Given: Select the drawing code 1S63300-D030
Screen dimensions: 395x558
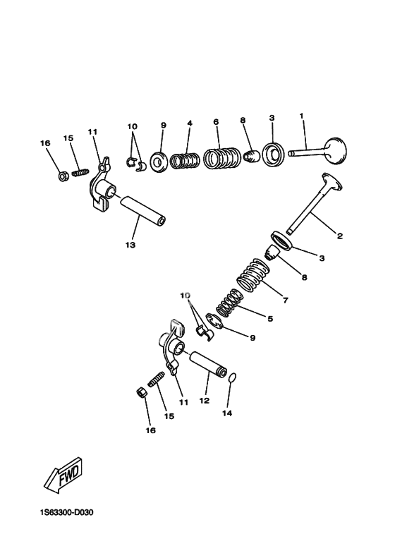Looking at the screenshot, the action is coord(66,513).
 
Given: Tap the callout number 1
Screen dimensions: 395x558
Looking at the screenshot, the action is coord(301,116).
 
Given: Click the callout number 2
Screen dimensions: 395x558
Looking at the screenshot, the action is coord(340,236).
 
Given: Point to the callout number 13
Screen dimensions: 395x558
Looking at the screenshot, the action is coord(130,245).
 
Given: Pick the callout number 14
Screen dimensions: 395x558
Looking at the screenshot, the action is coord(227,413).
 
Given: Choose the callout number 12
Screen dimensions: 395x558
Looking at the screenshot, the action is coord(205,401).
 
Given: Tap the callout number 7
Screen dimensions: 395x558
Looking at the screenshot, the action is coord(285,301).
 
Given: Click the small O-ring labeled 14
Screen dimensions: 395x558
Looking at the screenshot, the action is coord(231,378).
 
